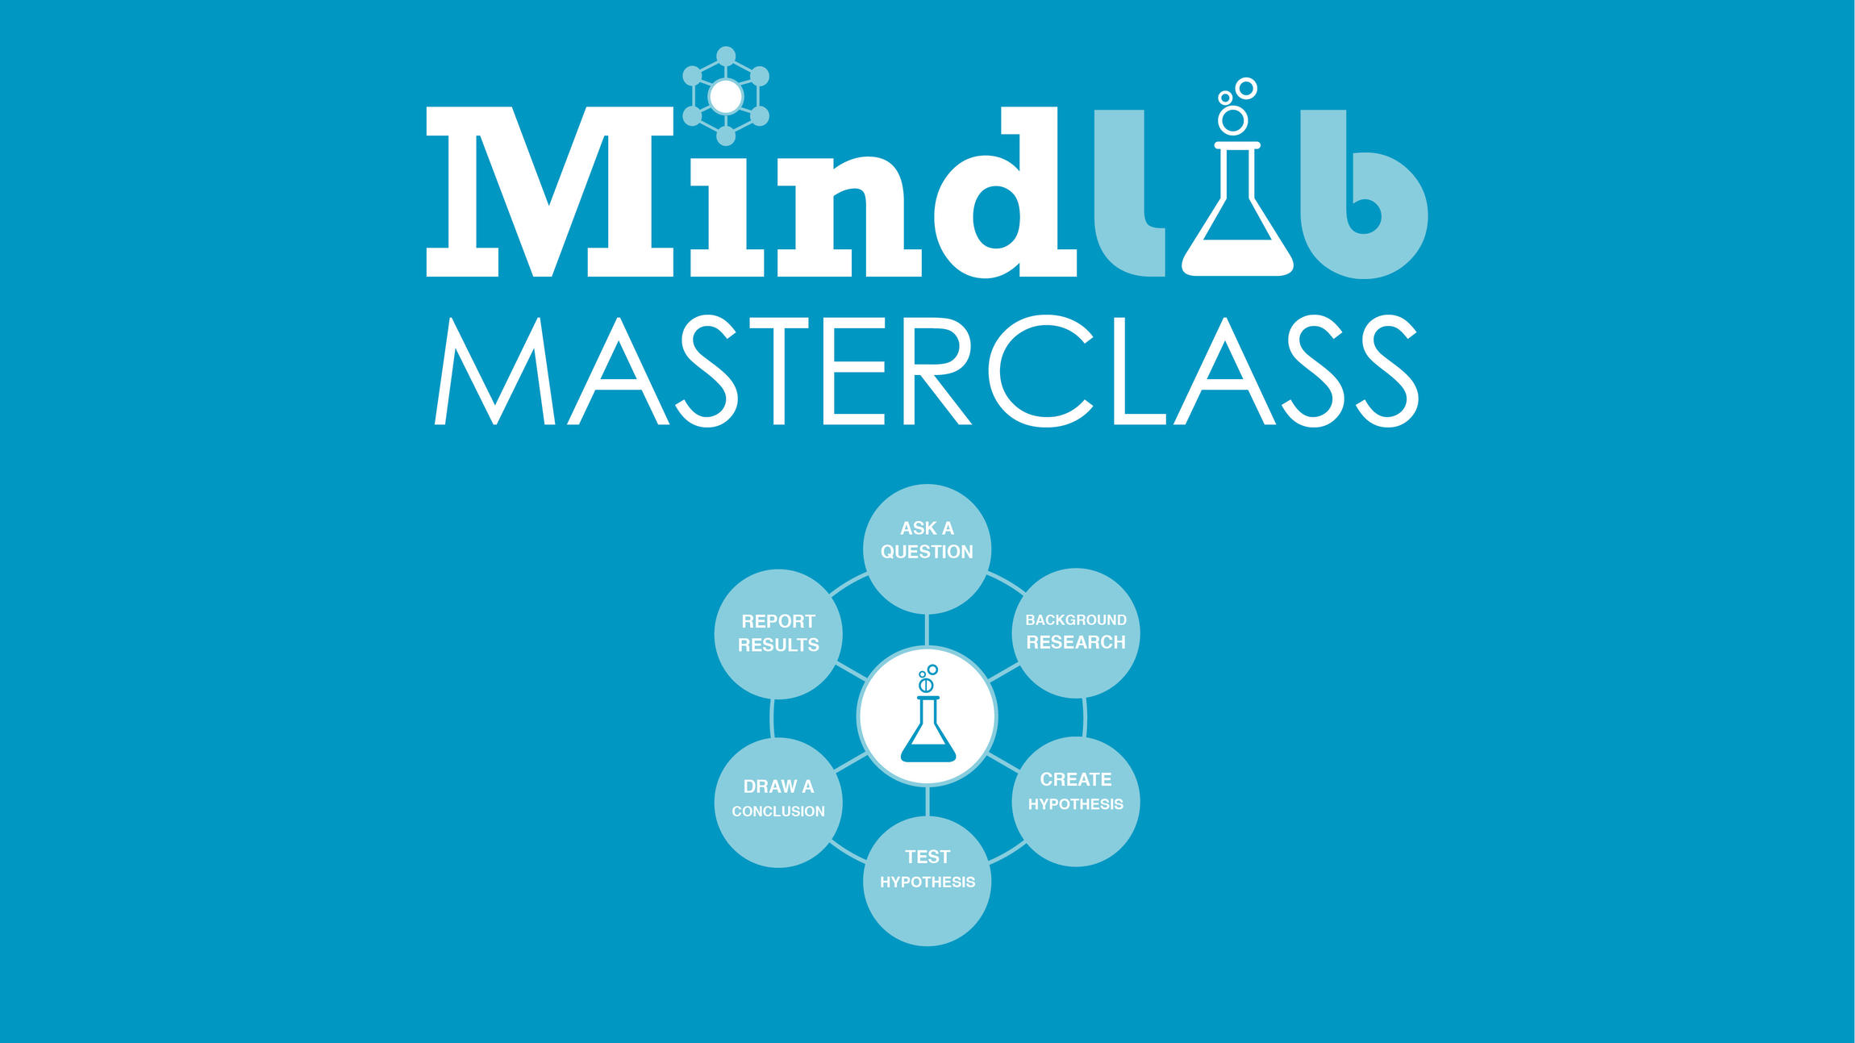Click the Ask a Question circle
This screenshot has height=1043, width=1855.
(x=927, y=549)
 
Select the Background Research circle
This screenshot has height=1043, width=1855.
(x=1075, y=632)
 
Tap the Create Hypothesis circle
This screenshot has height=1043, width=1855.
(x=1075, y=802)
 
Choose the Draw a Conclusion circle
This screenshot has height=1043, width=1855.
(x=778, y=802)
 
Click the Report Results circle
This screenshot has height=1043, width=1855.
(x=778, y=633)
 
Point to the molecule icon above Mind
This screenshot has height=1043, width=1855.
(x=726, y=96)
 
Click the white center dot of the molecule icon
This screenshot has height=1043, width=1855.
(x=726, y=97)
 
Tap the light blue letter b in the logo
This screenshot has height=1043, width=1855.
(x=1363, y=202)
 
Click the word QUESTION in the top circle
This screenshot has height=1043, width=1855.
(x=927, y=552)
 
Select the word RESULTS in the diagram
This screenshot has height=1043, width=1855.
(x=778, y=645)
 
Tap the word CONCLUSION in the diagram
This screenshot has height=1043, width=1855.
(x=778, y=811)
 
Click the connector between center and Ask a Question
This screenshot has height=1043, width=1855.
(x=927, y=629)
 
